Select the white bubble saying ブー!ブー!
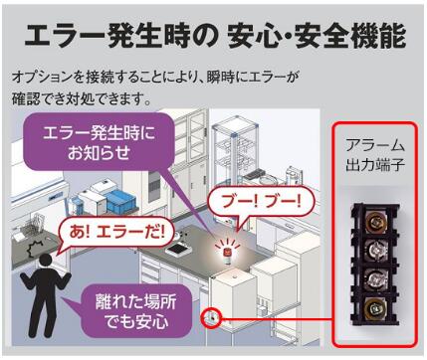[260, 200]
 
